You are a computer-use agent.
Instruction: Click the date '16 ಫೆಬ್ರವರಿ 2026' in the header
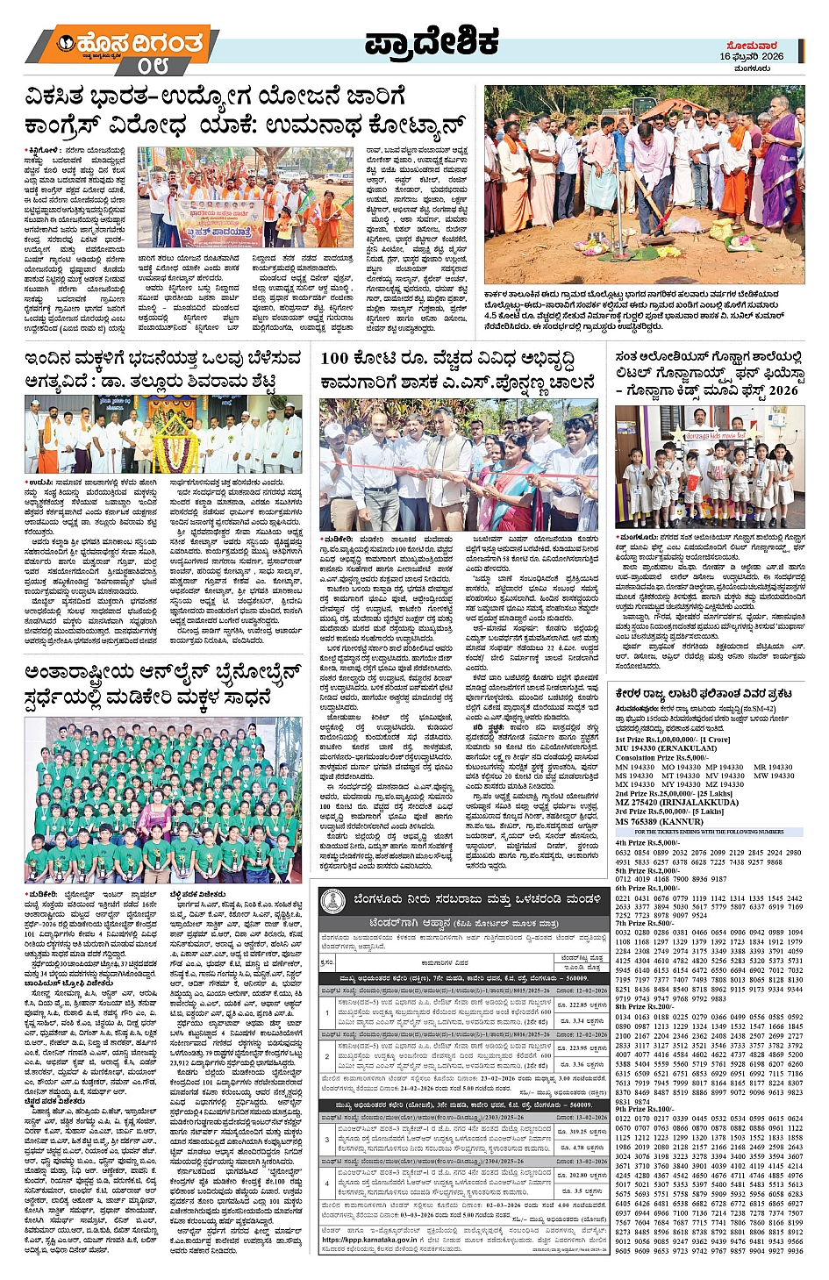click(751, 56)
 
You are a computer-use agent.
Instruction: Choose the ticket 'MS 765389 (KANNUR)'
click(659, 821)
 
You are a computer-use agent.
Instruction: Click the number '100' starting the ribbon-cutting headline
click(334, 358)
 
